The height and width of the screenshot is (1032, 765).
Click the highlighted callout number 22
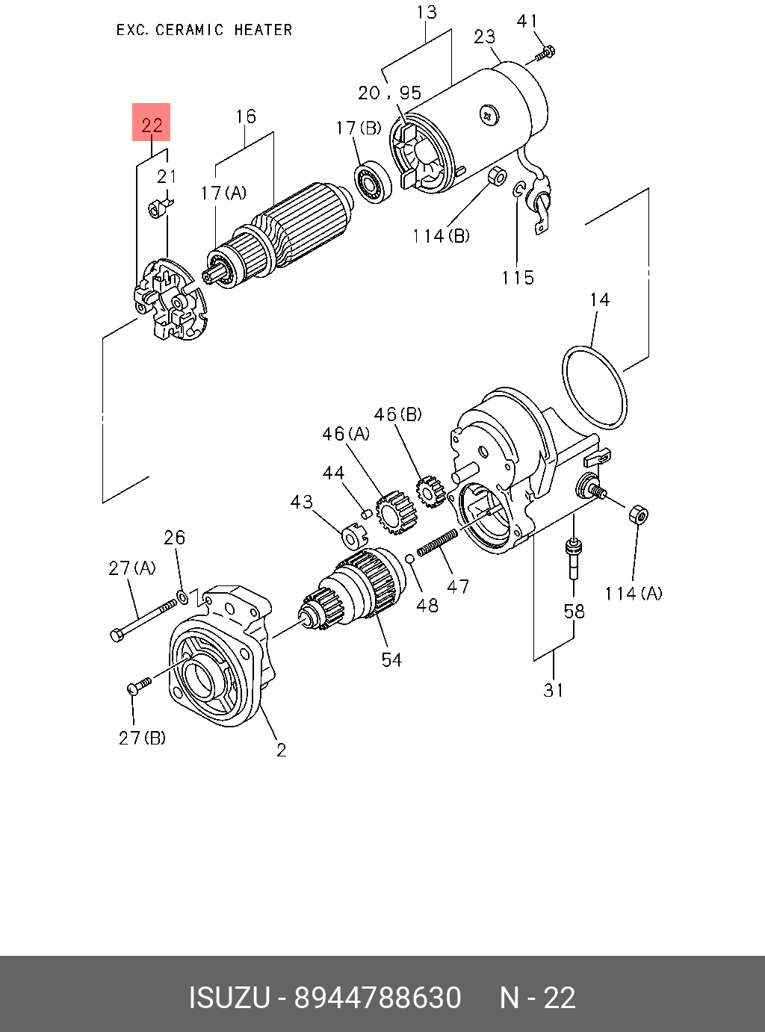coord(152,125)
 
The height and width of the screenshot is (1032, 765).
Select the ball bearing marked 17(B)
coord(373,181)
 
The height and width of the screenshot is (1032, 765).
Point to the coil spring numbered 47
coord(437,543)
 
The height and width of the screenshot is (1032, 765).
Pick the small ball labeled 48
coord(409,559)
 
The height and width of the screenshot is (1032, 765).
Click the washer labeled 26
coord(183,597)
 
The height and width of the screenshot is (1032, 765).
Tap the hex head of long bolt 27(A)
coord(117,635)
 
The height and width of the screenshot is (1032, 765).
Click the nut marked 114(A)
coord(638,515)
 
